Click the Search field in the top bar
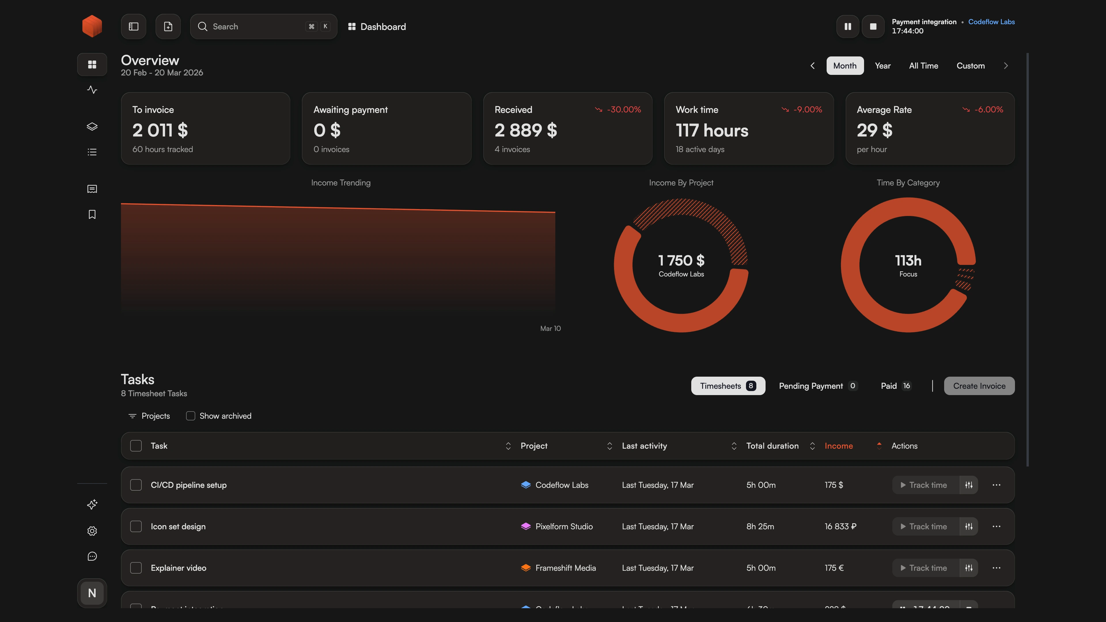257,26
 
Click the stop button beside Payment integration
873,26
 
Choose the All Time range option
923,66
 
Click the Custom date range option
970,66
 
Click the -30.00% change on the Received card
623,109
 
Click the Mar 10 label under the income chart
550,328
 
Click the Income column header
838,446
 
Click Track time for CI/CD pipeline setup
924,485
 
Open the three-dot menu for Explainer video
996,568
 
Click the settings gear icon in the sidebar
92,531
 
